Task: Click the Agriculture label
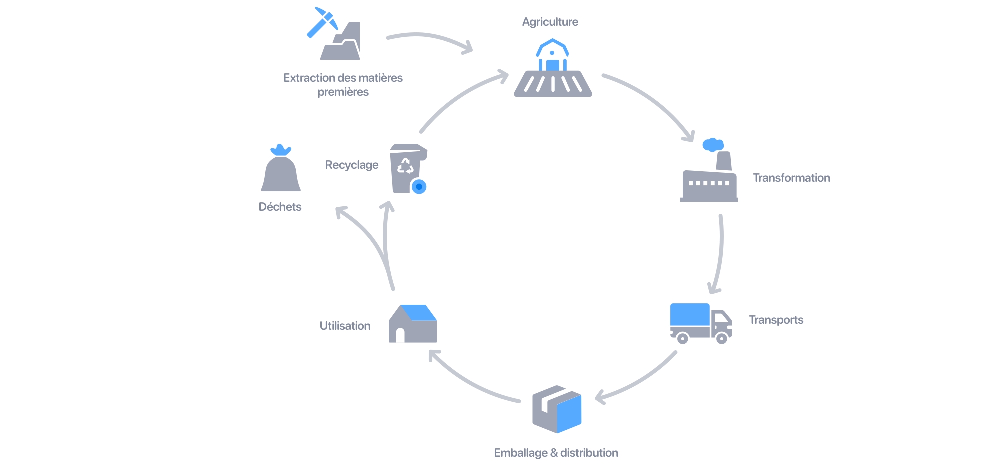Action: pyautogui.click(x=550, y=22)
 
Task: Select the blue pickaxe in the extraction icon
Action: pyautogui.click(x=322, y=22)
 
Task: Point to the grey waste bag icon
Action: pyautogui.click(x=281, y=173)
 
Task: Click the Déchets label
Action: pyautogui.click(x=280, y=207)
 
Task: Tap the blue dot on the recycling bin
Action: pyautogui.click(x=419, y=187)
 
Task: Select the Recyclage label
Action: pyautogui.click(x=351, y=165)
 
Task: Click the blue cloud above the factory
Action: pyautogui.click(x=713, y=145)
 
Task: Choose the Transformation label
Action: pyautogui.click(x=791, y=178)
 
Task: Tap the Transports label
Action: pyautogui.click(x=776, y=320)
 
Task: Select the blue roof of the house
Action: pyautogui.click(x=419, y=313)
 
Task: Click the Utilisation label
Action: pyautogui.click(x=345, y=326)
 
